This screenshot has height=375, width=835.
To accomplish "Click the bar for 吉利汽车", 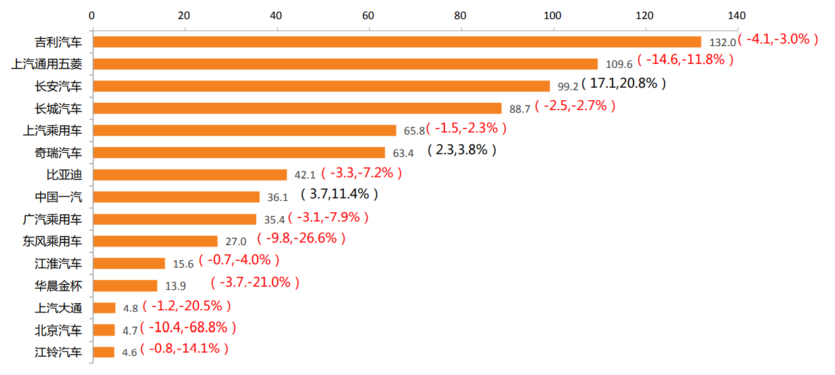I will [397, 42].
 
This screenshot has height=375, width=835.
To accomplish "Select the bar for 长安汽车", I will [321, 86].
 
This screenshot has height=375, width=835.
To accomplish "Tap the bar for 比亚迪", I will [190, 175].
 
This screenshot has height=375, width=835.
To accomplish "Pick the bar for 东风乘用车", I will [155, 241].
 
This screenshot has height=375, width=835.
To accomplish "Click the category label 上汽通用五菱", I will [47, 64].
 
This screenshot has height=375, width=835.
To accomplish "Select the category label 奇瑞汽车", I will [59, 153].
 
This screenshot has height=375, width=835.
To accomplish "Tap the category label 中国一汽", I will [59, 197].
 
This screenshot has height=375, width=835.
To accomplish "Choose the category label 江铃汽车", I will [59, 352].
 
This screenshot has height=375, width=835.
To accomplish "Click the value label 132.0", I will [722, 42].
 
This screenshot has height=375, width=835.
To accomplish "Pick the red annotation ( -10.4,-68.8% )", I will [188, 327].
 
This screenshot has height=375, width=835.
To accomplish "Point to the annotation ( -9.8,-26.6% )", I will [301, 238].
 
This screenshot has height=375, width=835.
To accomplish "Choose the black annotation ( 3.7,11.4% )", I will [339, 194].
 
